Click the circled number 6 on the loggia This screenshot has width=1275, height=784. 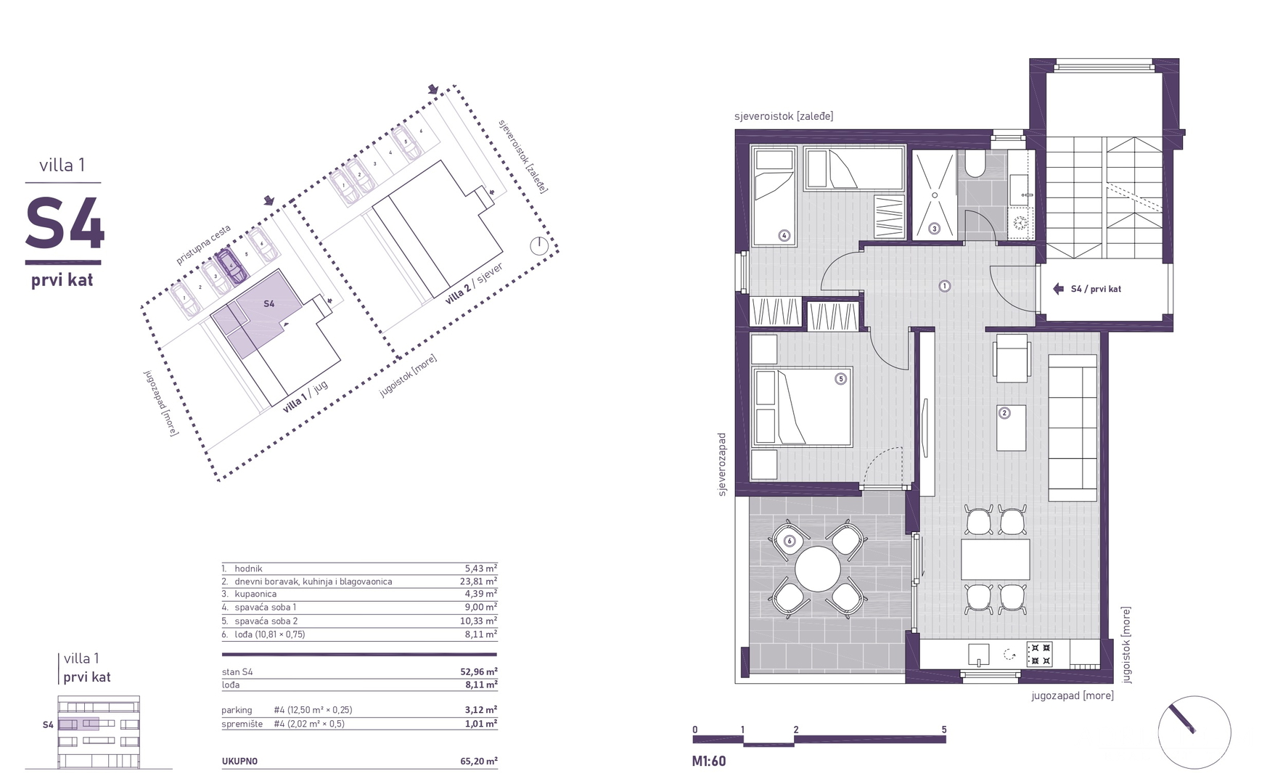coord(790,541)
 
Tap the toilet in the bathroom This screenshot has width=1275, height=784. coord(975,165)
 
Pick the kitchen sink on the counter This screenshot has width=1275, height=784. coord(979,655)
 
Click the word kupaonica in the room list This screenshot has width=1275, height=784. coord(255,594)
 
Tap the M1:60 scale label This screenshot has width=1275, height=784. coord(709,761)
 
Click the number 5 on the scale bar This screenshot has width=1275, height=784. coord(944,730)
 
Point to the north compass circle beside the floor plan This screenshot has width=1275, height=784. coord(1194,732)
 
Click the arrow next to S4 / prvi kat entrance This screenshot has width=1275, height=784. coord(1059,289)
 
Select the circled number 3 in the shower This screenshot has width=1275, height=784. coord(935,229)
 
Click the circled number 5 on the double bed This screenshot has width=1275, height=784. coord(841,379)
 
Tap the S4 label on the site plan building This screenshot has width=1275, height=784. coord(268,303)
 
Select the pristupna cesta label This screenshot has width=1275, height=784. coord(203,245)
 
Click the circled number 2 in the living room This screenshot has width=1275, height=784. coord(1005,413)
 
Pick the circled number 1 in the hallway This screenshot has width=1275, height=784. coord(945,286)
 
